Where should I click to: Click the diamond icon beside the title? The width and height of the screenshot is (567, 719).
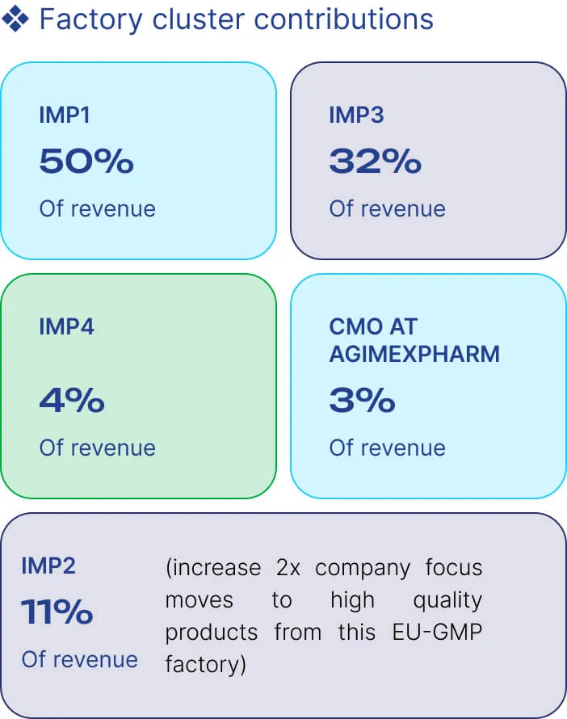[15, 19]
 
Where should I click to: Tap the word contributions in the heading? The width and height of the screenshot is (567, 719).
[343, 19]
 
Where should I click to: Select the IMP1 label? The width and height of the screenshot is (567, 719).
[64, 115]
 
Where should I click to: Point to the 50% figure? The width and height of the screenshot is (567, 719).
[86, 162]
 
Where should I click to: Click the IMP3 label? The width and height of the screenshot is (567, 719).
[356, 115]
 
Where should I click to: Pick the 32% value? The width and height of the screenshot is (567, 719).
[376, 162]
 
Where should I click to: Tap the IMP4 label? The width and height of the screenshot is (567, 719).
[66, 326]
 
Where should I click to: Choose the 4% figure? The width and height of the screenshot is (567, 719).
[72, 401]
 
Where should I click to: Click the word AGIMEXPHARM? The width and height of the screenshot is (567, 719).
[414, 354]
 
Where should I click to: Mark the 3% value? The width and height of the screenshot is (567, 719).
[362, 401]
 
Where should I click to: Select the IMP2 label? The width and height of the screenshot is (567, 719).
[48, 566]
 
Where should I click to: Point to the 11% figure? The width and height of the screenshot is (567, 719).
[57, 612]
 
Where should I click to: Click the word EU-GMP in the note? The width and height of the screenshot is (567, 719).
[437, 632]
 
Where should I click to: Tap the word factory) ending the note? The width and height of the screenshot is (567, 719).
[205, 664]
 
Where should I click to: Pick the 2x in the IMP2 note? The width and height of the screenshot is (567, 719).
[288, 568]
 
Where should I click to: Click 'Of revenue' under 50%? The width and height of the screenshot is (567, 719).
[98, 208]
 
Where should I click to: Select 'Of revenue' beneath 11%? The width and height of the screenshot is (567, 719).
[80, 659]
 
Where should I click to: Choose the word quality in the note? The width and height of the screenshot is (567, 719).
[447, 601]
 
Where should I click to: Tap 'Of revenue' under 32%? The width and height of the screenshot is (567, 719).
[388, 208]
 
